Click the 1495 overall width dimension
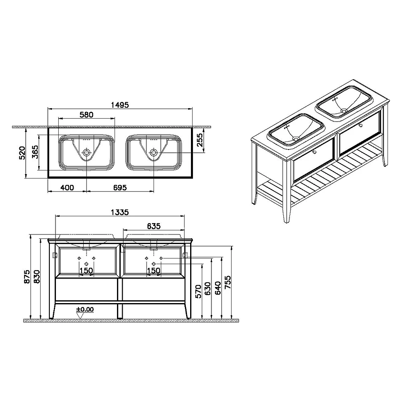pos(120,105)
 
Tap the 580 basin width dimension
pos(86,115)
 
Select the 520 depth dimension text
pos(22,153)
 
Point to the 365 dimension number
pos(35,152)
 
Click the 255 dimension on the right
pos(199,140)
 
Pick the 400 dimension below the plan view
pos(67,188)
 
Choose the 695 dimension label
pos(120,188)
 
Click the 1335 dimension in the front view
pos(120,212)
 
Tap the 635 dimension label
pos(154,226)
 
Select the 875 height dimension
pos(27,277)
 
